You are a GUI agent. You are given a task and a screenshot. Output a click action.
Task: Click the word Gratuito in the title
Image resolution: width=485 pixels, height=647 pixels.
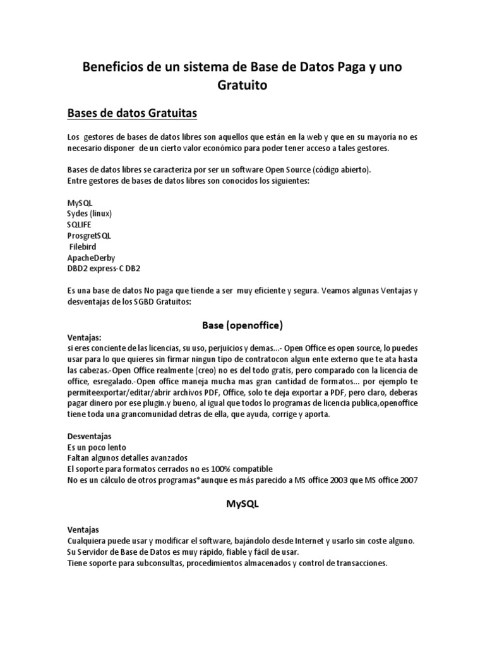point(242,85)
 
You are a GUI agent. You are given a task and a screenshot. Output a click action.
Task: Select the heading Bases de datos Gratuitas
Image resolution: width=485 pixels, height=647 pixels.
point(133,114)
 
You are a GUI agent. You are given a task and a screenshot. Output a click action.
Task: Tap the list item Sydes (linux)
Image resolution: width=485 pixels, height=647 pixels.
point(89,214)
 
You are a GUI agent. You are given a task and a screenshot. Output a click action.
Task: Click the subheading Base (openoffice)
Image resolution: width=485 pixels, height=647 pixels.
point(242,325)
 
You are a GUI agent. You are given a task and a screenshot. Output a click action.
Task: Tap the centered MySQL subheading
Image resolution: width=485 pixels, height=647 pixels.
point(242,505)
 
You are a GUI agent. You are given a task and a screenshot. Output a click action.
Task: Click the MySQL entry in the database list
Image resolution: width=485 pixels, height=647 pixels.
point(80,202)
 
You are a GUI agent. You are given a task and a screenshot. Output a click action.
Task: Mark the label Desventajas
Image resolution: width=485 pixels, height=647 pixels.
point(89,435)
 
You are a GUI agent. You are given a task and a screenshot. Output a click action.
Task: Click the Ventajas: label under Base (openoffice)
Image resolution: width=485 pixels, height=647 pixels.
point(84,337)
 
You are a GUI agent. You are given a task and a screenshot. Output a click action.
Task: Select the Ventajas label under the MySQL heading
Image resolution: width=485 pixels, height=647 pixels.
point(83,529)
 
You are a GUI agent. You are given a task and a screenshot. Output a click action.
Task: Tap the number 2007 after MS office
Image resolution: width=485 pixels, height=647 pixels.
point(404,480)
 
